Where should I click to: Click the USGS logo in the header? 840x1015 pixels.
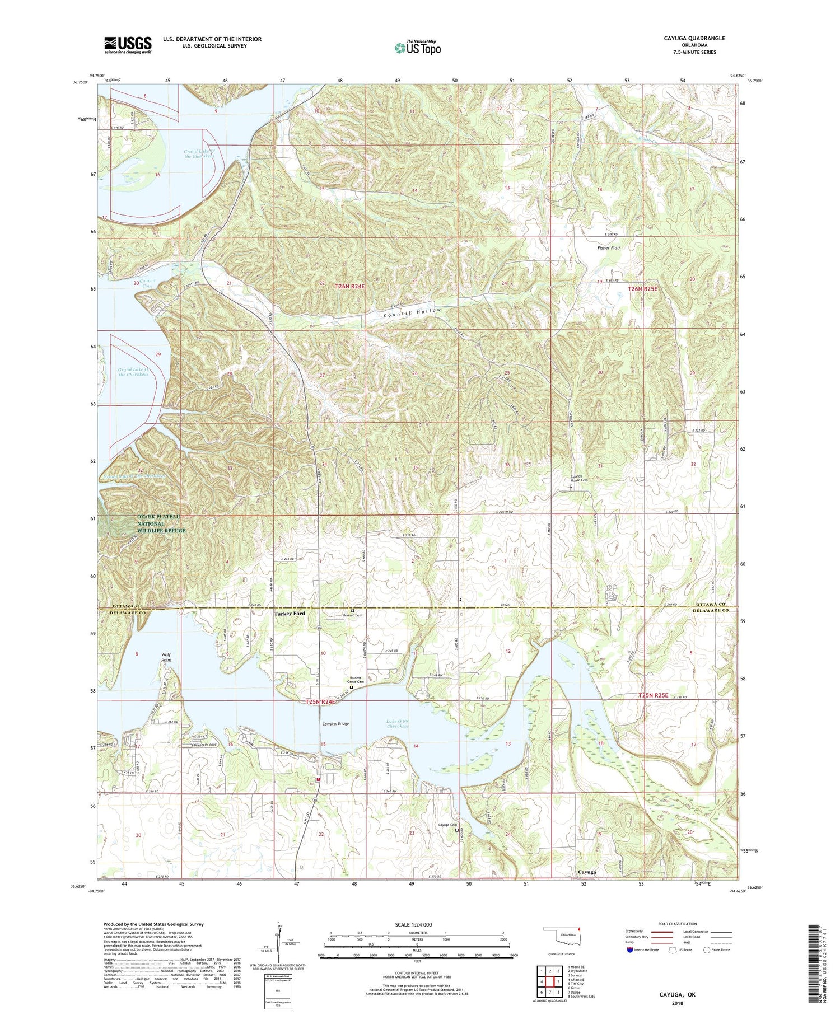tap(128, 45)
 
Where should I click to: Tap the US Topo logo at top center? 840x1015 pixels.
tap(417, 48)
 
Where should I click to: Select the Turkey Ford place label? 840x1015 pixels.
tap(290, 614)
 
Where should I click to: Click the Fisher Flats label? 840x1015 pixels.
tap(609, 248)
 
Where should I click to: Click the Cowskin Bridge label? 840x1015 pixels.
tap(335, 724)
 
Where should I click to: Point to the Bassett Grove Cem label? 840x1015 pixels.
tap(353, 679)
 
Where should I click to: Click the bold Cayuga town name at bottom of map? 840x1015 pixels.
tap(587, 872)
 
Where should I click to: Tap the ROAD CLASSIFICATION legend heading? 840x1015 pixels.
tap(678, 924)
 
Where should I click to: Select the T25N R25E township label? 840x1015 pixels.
tap(654, 695)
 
